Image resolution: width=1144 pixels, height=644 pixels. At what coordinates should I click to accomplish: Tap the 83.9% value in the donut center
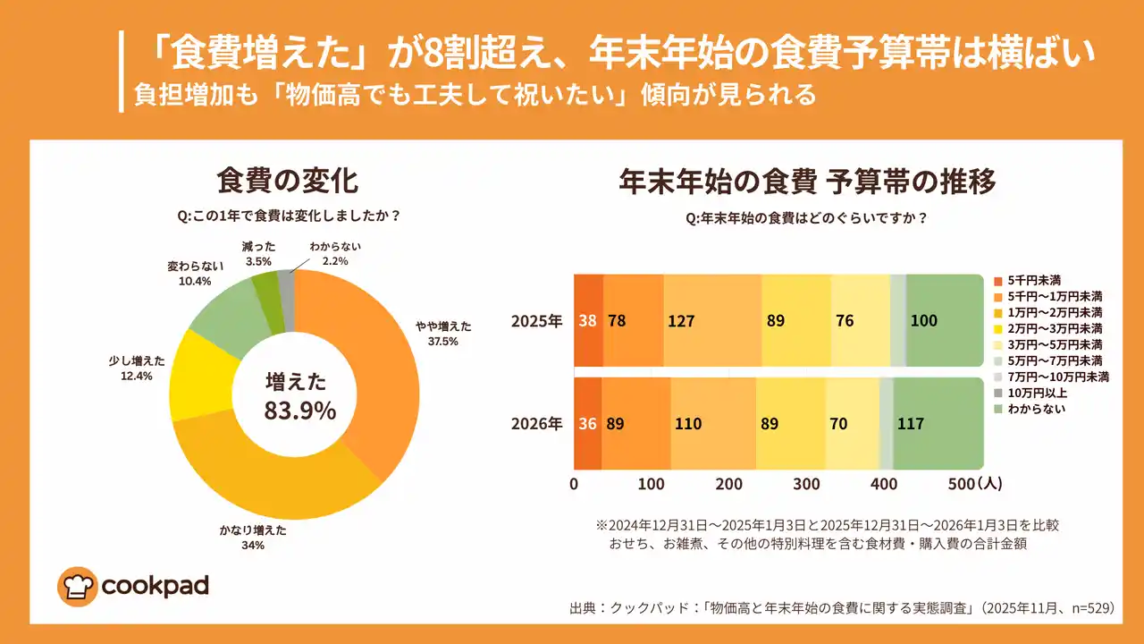[299, 411]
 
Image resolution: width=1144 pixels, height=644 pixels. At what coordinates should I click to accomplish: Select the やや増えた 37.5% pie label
[443, 334]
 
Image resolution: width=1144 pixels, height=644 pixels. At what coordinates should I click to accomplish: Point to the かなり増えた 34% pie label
[253, 537]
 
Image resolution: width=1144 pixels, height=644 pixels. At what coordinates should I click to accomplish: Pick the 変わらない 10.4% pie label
[189, 274]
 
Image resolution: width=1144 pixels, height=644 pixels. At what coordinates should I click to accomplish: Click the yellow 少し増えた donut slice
[198, 376]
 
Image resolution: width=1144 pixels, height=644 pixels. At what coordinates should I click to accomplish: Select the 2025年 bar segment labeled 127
[712, 321]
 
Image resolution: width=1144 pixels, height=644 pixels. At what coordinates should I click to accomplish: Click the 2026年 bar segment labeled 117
[938, 424]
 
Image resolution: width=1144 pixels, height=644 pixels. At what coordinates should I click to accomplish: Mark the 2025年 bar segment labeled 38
[588, 321]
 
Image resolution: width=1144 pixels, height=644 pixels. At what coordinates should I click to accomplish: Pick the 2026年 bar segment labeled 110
[713, 424]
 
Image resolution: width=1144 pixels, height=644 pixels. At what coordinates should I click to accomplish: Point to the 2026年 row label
[536, 424]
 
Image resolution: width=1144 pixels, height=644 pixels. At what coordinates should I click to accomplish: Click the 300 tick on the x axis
[806, 484]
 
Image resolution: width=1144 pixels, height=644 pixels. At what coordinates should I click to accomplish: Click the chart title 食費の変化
[287, 181]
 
